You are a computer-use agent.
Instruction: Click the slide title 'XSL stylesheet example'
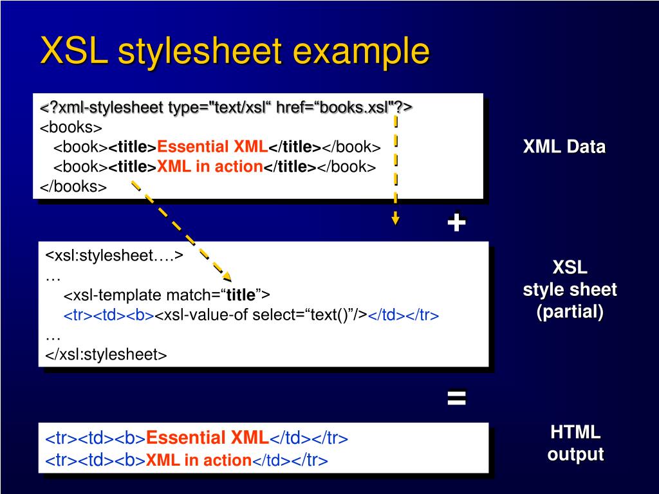tap(235, 51)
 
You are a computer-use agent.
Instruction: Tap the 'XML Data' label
tap(564, 147)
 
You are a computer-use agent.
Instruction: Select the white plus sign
tap(456, 223)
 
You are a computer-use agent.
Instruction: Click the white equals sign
tap(456, 398)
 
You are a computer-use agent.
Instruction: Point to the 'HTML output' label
tap(575, 443)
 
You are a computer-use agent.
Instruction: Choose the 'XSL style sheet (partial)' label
tap(570, 289)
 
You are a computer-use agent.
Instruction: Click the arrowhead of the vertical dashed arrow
tap(395, 219)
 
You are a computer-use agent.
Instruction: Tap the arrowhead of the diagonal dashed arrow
tap(226, 277)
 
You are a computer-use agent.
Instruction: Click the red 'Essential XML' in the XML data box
tap(212, 147)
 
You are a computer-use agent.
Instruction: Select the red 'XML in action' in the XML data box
tap(210, 167)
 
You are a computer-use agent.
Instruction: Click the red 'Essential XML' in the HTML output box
tap(207, 439)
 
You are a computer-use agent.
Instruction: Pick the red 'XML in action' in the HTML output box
tap(199, 461)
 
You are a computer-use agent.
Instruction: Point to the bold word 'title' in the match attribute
tap(241, 295)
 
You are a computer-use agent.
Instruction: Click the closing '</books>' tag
tap(73, 187)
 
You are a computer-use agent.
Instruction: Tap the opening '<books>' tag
tap(71, 127)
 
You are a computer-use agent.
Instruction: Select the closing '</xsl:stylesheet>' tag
tap(106, 354)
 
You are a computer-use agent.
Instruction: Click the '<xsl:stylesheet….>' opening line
tap(115, 255)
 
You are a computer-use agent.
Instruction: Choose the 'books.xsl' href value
tap(351, 107)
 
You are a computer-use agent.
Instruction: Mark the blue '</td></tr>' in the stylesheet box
tap(404, 315)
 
